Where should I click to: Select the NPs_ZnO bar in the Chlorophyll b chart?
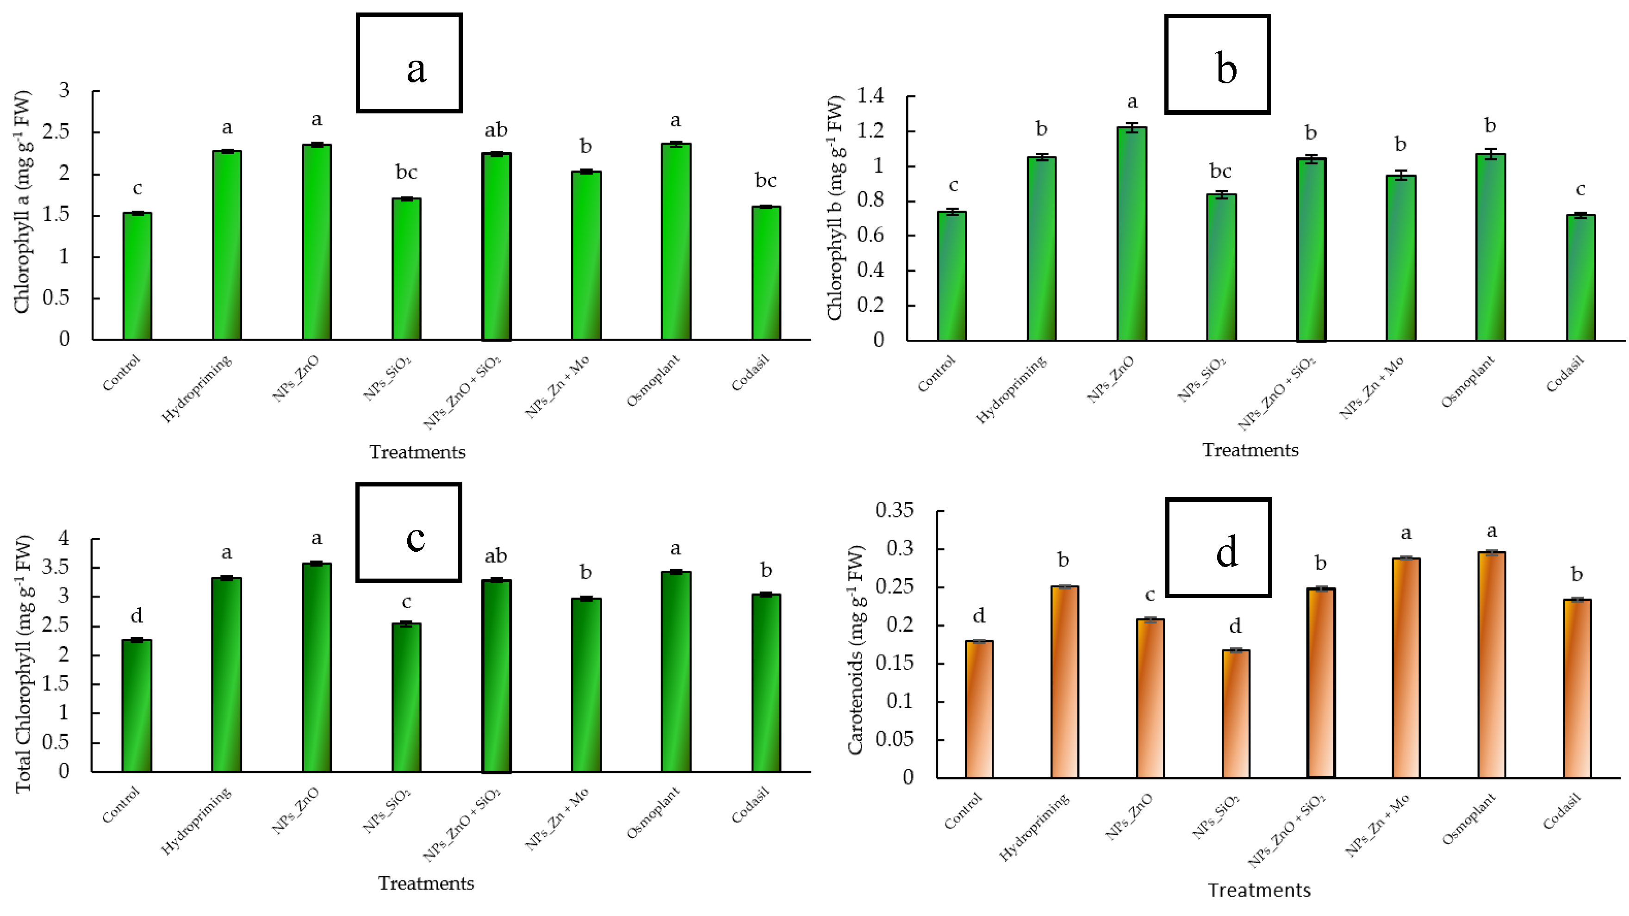click(1132, 234)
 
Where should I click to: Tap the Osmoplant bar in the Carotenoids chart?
click(1491, 664)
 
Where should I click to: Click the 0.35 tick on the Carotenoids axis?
click(894, 510)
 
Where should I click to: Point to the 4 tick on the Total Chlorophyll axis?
click(63, 539)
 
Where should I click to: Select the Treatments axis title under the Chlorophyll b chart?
click(1250, 450)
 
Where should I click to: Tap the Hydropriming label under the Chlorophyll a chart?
click(197, 388)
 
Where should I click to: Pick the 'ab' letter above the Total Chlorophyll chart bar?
click(496, 556)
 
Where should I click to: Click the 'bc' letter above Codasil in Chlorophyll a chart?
click(765, 181)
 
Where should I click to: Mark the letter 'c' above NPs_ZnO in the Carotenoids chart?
click(1150, 595)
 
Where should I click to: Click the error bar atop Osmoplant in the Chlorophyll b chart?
click(1491, 154)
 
